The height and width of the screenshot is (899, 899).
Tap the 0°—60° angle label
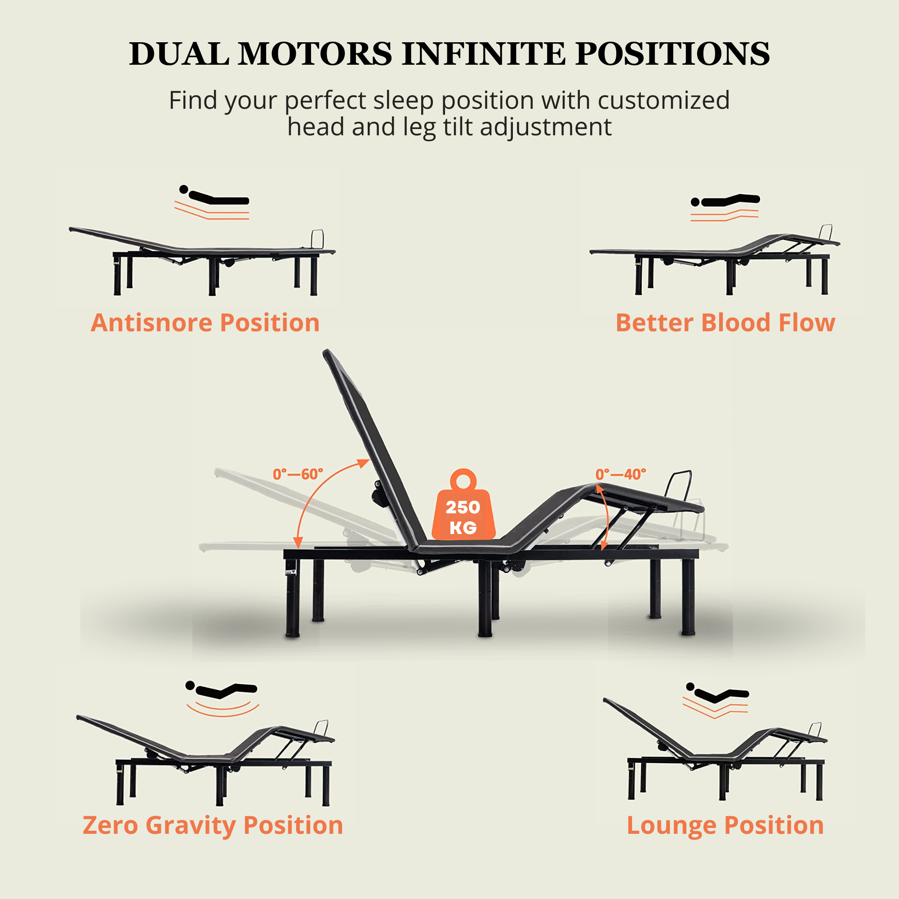[x=298, y=475]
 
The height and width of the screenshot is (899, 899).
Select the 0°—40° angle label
[x=621, y=475]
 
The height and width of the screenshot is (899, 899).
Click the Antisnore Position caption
[x=205, y=322]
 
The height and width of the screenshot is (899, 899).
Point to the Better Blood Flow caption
[x=725, y=322]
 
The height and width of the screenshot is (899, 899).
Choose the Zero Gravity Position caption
[x=213, y=825]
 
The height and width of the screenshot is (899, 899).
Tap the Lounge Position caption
[x=725, y=825]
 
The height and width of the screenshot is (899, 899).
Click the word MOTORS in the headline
[x=316, y=53]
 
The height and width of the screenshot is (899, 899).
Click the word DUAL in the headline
[x=179, y=53]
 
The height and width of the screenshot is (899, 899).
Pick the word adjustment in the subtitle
[x=546, y=127]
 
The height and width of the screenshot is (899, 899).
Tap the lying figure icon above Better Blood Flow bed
[x=725, y=200]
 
